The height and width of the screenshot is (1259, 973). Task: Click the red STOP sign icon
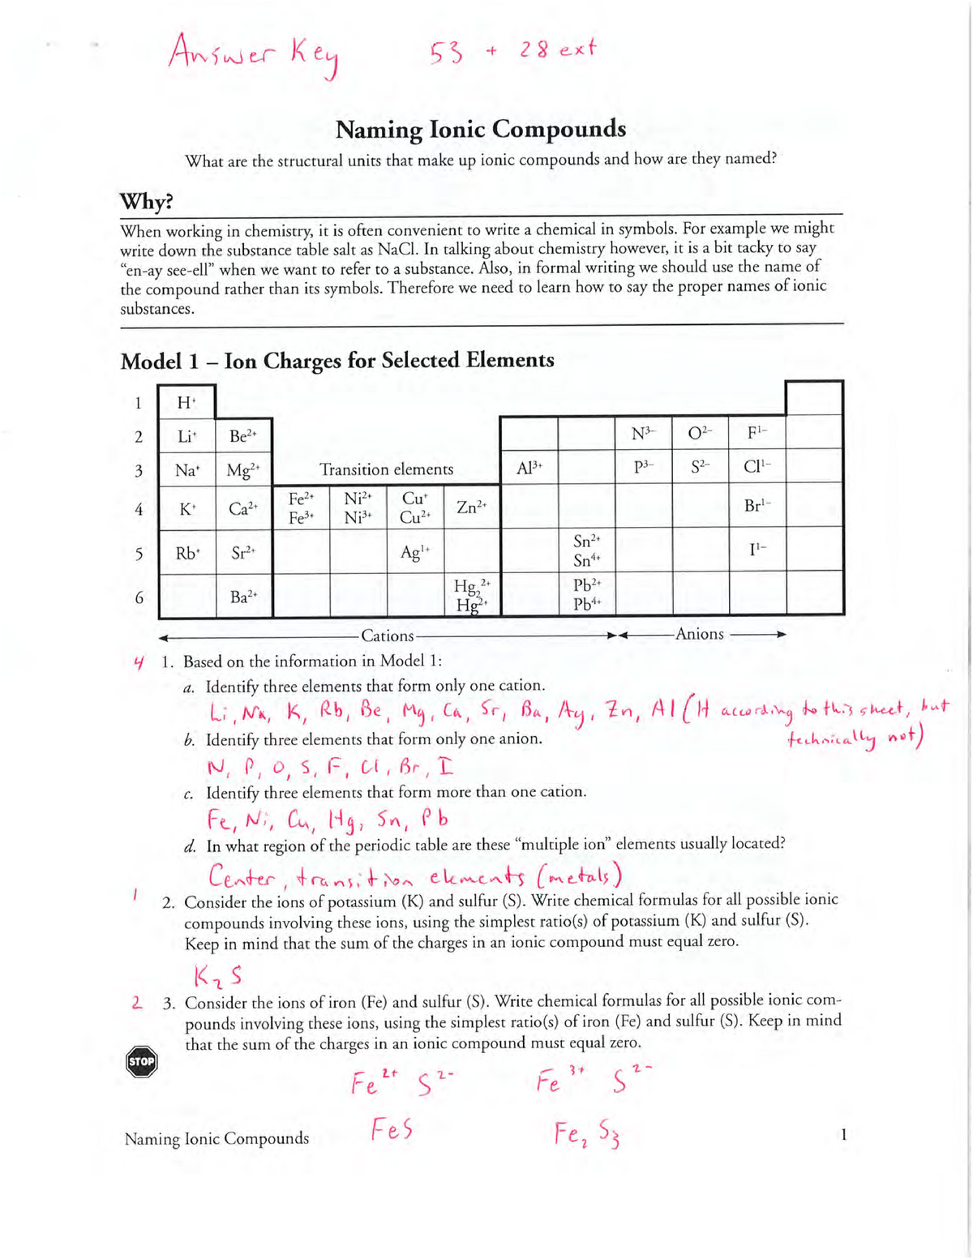point(142,1062)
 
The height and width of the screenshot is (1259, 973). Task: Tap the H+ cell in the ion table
point(187,402)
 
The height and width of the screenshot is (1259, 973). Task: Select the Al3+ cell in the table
point(529,468)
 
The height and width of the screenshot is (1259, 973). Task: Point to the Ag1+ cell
point(414,552)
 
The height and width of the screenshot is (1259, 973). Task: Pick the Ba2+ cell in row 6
point(243,597)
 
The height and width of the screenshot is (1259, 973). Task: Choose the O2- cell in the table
point(700,435)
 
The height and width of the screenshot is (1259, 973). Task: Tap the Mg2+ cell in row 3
point(243,469)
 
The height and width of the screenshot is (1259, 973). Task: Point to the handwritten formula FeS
point(392,1128)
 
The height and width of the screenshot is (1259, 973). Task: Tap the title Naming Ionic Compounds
point(481,129)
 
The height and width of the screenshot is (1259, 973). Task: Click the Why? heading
point(147,200)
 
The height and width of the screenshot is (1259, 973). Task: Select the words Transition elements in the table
point(386,469)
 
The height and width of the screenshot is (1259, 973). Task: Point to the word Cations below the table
point(388,636)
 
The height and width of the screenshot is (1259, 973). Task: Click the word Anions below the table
point(699,634)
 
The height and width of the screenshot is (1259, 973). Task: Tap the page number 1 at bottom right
point(843,1135)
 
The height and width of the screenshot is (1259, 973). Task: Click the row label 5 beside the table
point(139,554)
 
